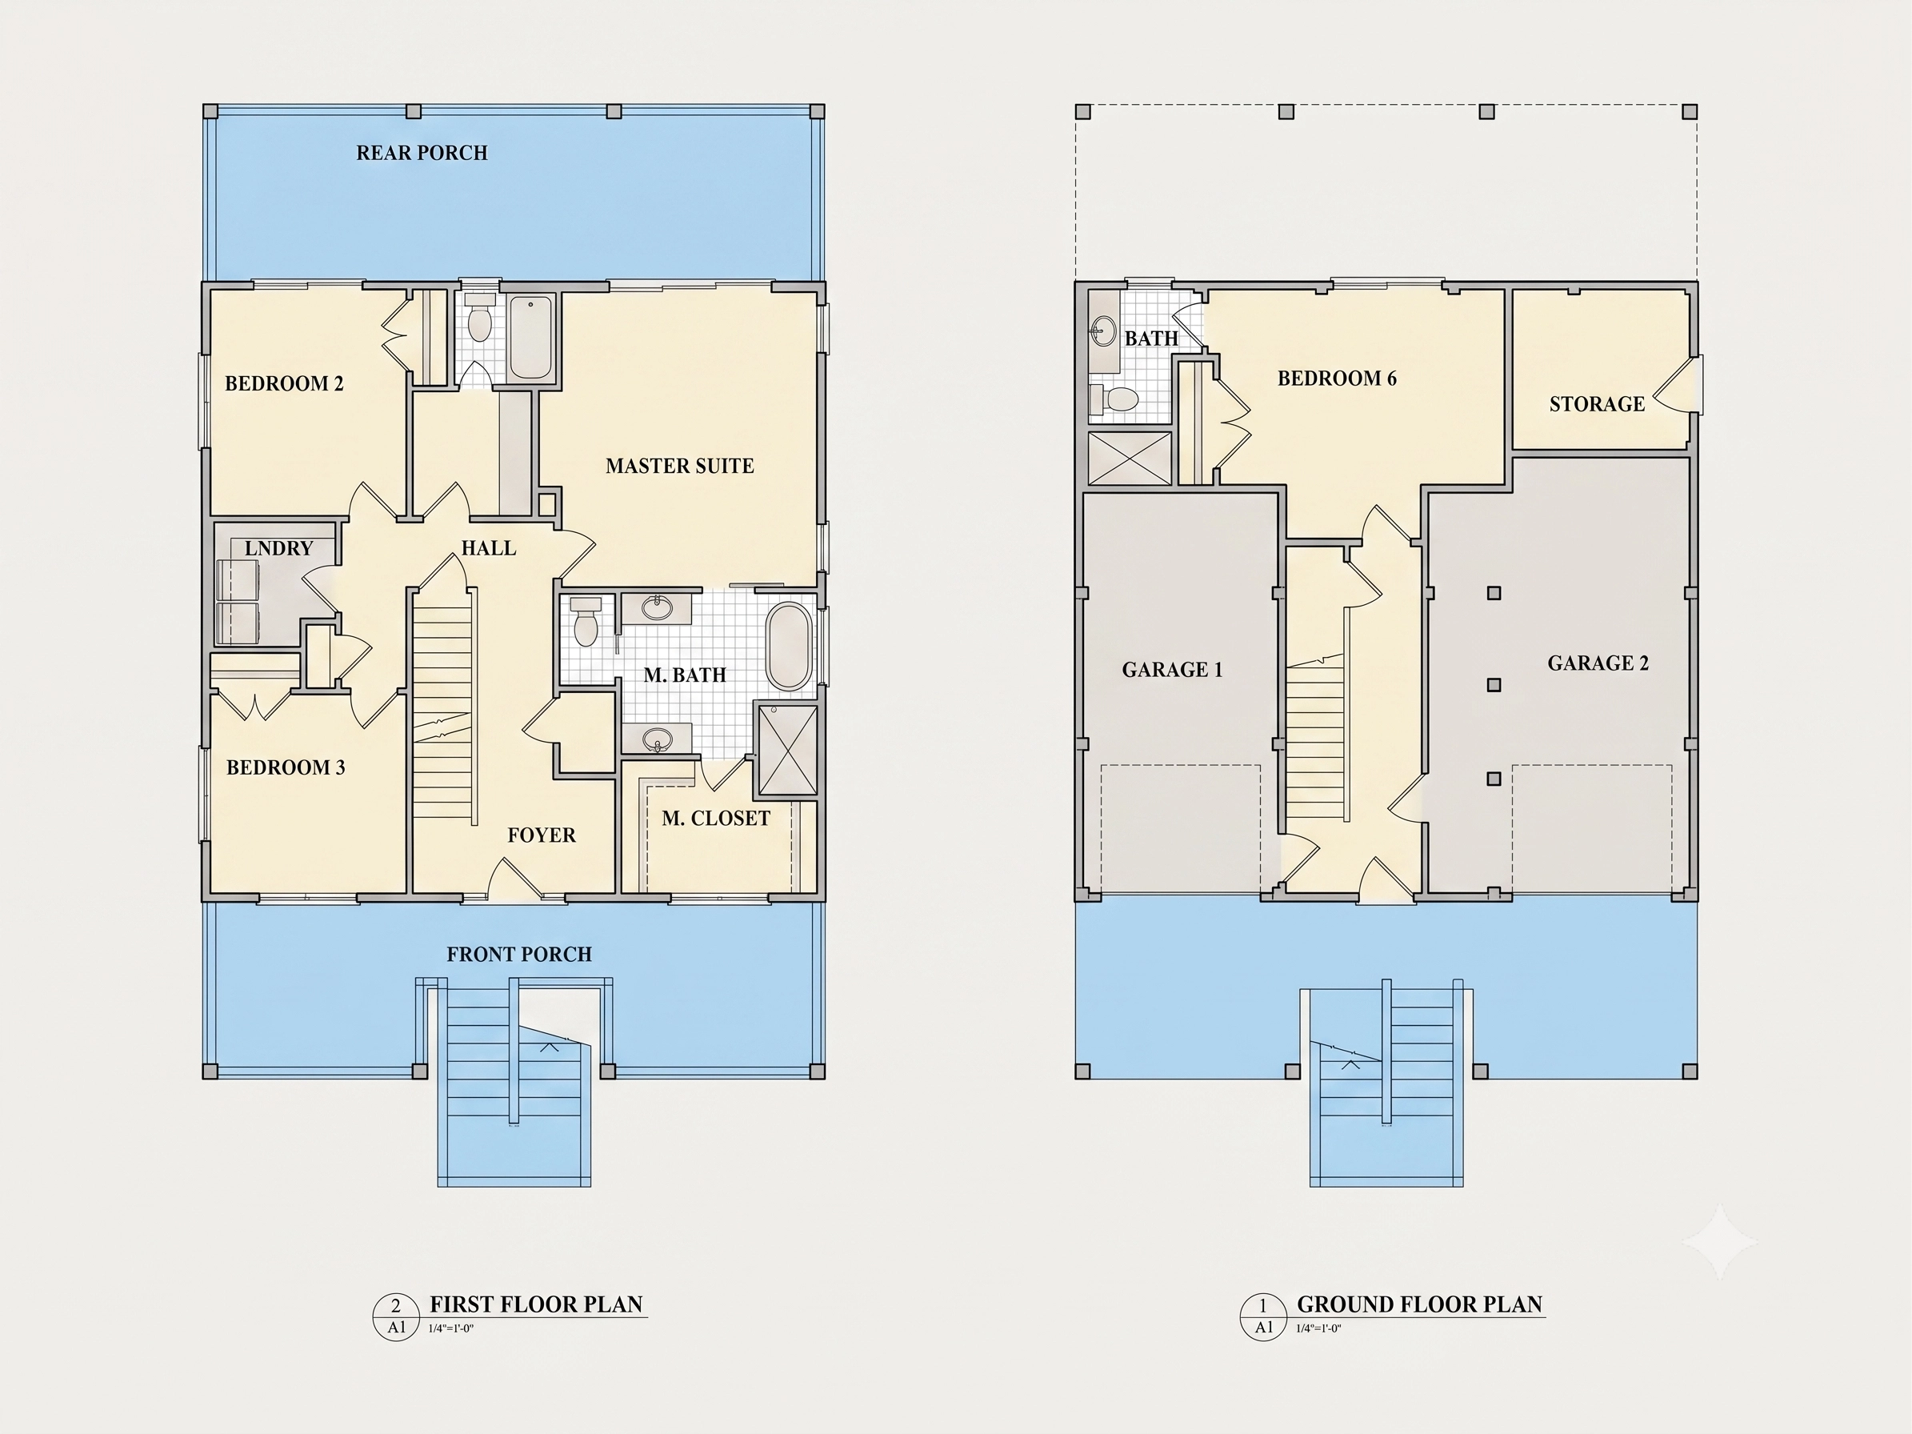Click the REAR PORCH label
coord(422,153)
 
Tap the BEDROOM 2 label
coord(284,383)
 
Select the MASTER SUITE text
coord(679,466)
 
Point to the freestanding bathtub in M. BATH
coord(789,646)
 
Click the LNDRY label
coord(278,548)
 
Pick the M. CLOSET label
coord(716,819)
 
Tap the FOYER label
coord(541,835)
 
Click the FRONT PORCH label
coord(518,955)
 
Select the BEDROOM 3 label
coord(286,767)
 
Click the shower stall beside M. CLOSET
coord(787,751)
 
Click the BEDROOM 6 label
coord(1336,378)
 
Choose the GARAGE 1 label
coord(1172,669)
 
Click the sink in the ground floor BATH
coord(1102,331)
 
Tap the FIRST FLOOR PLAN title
coord(536,1304)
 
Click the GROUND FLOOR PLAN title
coord(1419,1304)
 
